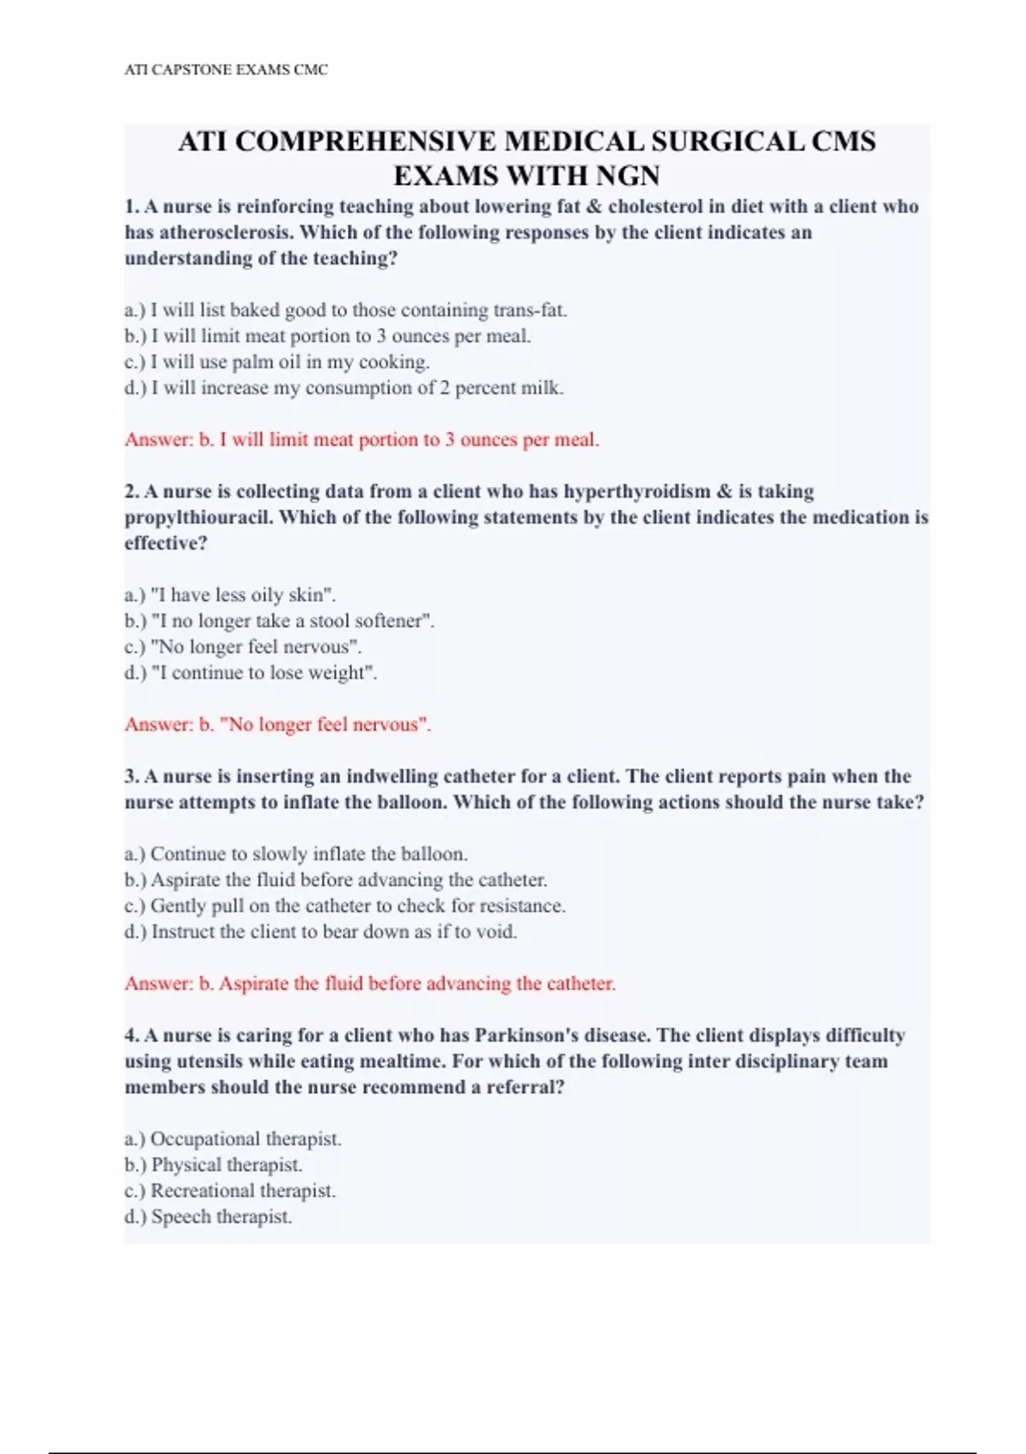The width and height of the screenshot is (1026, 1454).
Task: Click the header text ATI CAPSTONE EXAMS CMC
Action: pos(226,70)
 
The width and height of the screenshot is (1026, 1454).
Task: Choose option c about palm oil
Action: pos(277,362)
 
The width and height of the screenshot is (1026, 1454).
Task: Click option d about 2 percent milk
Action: pos(344,388)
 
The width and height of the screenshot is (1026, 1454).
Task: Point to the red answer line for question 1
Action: pos(362,440)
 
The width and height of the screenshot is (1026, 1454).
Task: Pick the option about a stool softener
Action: pos(280,621)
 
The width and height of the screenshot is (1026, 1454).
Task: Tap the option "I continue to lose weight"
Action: pos(251,673)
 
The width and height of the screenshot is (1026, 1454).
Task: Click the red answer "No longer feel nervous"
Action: pos(278,724)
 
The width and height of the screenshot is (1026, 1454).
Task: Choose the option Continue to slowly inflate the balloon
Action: pos(296,854)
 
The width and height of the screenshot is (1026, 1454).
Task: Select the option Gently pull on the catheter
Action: pos(345,906)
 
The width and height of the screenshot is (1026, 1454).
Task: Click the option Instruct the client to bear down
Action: pos(321,932)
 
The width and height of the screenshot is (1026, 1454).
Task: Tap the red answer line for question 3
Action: pos(369,984)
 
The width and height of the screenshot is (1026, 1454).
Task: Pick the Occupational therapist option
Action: pos(233,1139)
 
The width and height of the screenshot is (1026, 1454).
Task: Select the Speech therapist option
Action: pos(208,1217)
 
